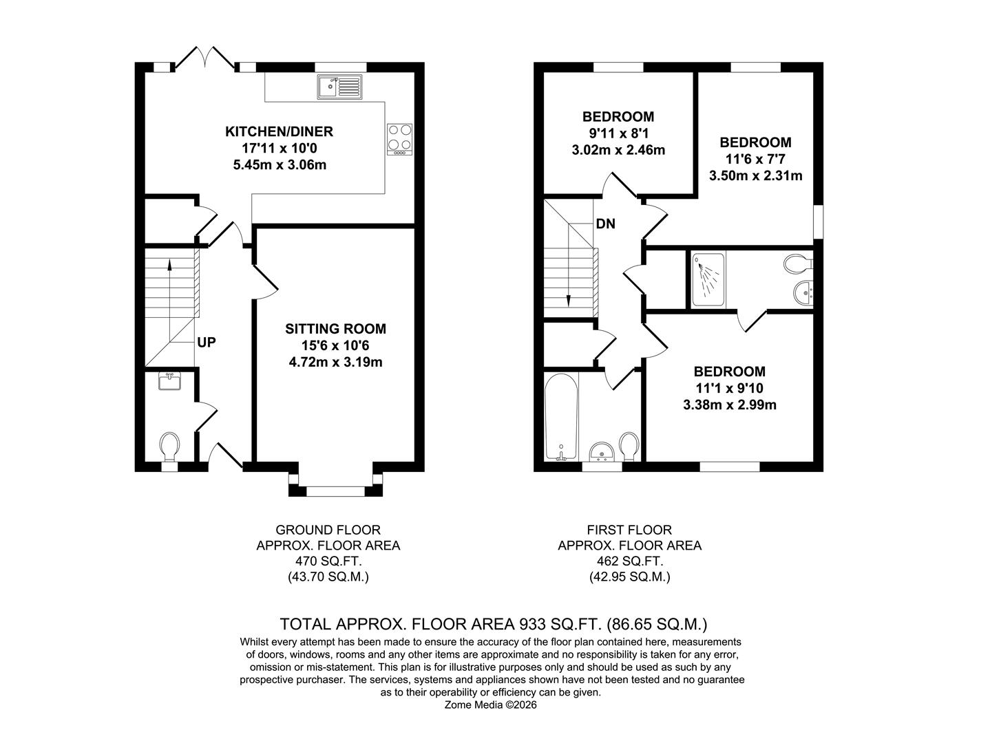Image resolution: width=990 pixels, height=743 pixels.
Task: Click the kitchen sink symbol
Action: pyautogui.click(x=339, y=87)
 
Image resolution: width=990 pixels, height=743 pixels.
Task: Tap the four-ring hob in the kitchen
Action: pyautogui.click(x=400, y=137)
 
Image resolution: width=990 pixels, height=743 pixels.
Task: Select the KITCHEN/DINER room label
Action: pyautogui.click(x=279, y=131)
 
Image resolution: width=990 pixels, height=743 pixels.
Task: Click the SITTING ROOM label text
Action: pyautogui.click(x=335, y=329)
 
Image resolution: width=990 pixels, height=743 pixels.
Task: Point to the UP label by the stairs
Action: pyautogui.click(x=207, y=342)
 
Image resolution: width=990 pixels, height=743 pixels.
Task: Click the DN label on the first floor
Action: pyautogui.click(x=606, y=224)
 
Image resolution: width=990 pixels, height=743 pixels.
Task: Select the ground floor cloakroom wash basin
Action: pyautogui.click(x=169, y=380)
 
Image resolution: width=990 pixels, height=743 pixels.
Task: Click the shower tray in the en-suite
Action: pyautogui.click(x=707, y=279)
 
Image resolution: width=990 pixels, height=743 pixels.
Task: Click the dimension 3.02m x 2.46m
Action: pyautogui.click(x=618, y=150)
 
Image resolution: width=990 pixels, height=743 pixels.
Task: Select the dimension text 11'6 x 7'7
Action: pyautogui.click(x=755, y=159)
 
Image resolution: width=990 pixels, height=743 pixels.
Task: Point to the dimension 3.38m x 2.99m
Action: pyautogui.click(x=729, y=405)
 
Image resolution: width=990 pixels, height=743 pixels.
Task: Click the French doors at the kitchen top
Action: pyautogui.click(x=206, y=58)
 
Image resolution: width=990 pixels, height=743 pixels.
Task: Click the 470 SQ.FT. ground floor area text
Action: pyautogui.click(x=328, y=561)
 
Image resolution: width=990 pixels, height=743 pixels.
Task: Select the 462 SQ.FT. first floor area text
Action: pyautogui.click(x=629, y=561)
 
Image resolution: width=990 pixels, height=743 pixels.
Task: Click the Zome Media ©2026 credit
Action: pyautogui.click(x=490, y=705)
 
